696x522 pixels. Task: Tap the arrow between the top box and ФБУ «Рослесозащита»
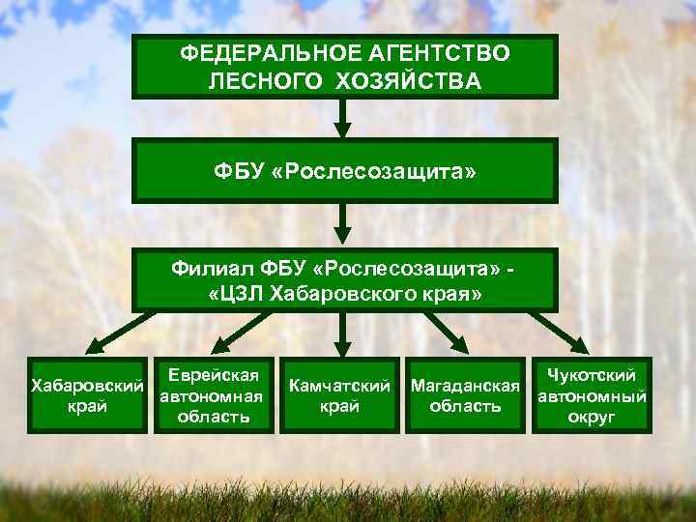[340, 119]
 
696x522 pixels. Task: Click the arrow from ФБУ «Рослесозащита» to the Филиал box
[340, 224]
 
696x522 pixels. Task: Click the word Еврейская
[212, 376]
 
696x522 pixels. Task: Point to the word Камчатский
[339, 387]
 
